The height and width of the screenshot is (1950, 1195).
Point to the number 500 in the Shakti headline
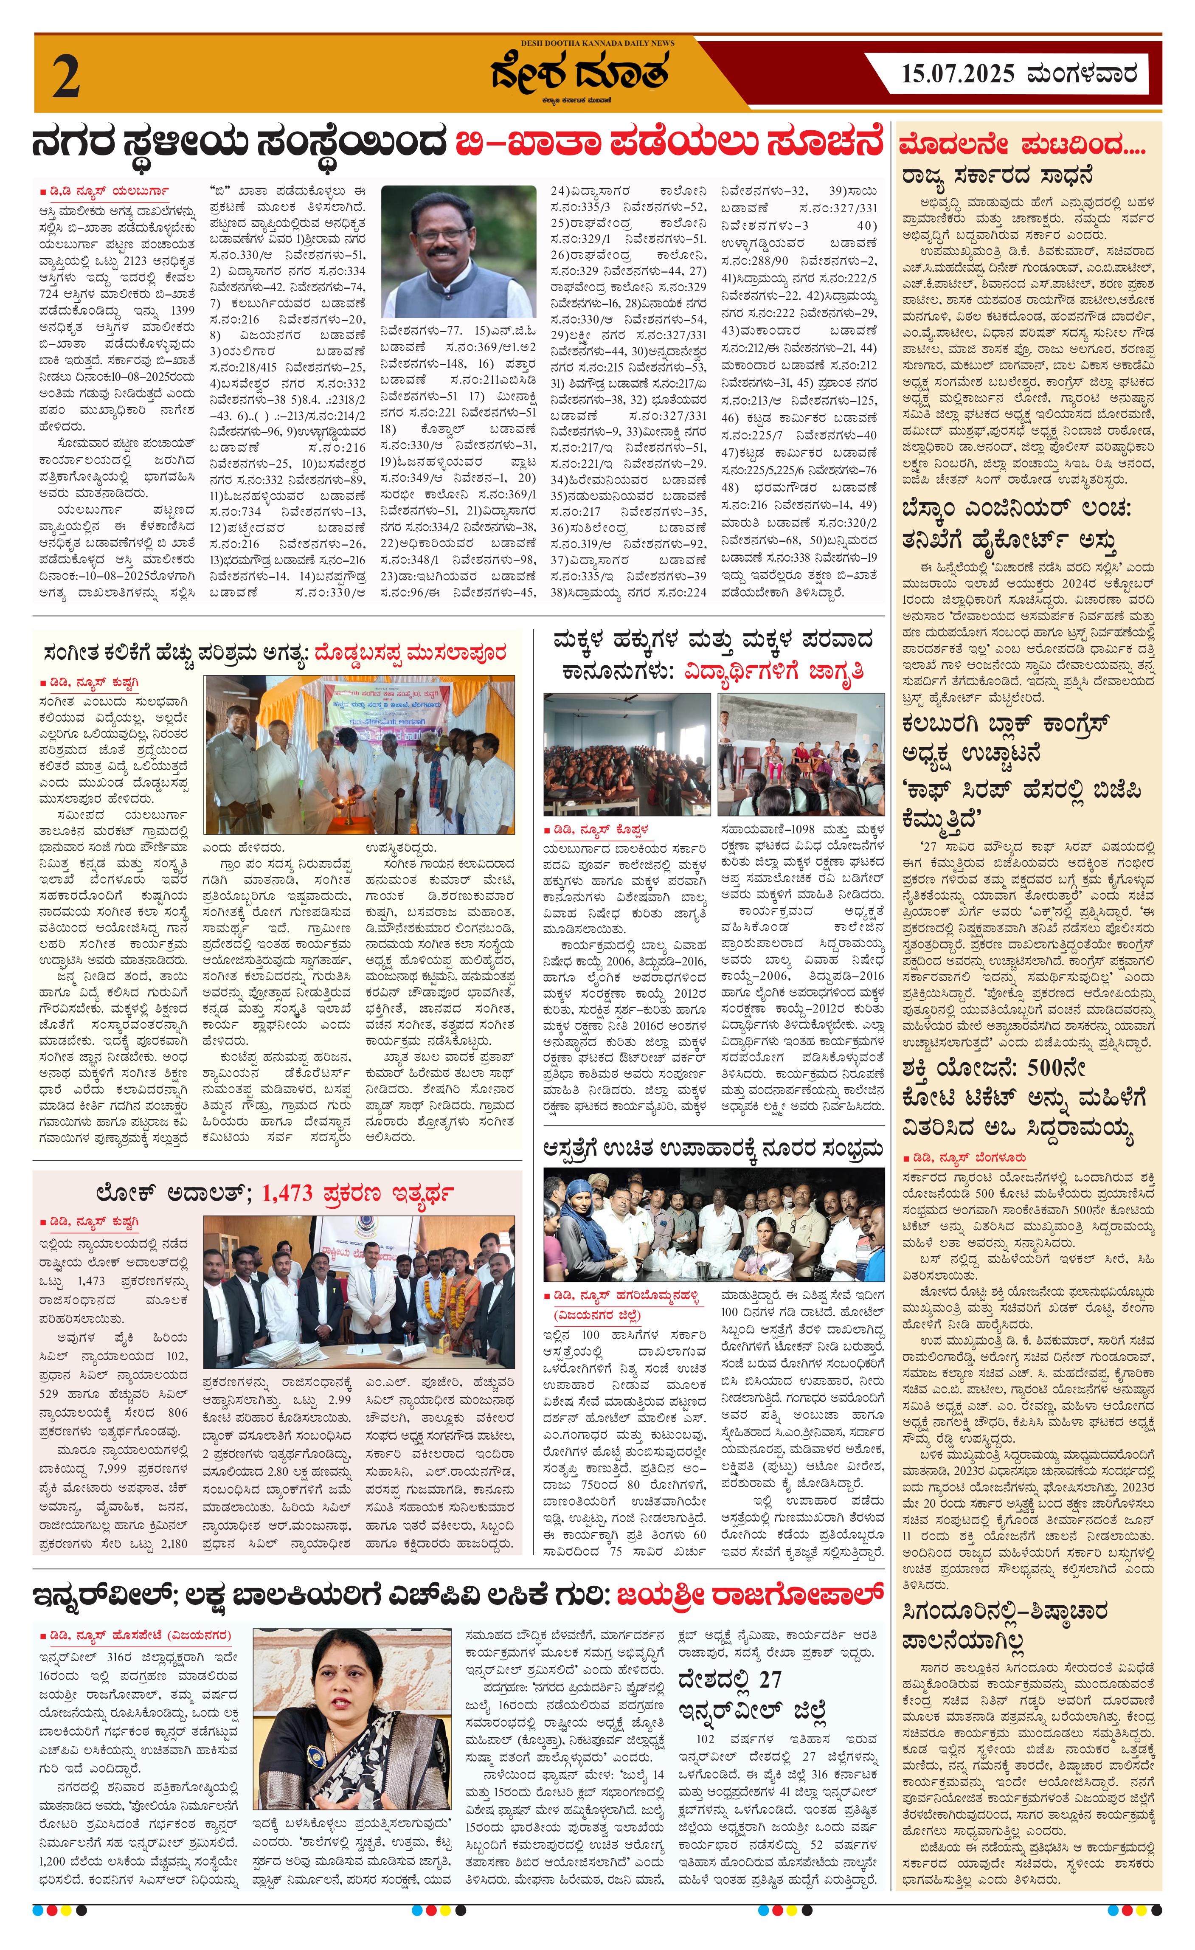(x=1057, y=1068)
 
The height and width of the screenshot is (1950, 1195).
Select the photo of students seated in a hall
(x=626, y=754)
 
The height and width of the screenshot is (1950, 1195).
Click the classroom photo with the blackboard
(x=801, y=754)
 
